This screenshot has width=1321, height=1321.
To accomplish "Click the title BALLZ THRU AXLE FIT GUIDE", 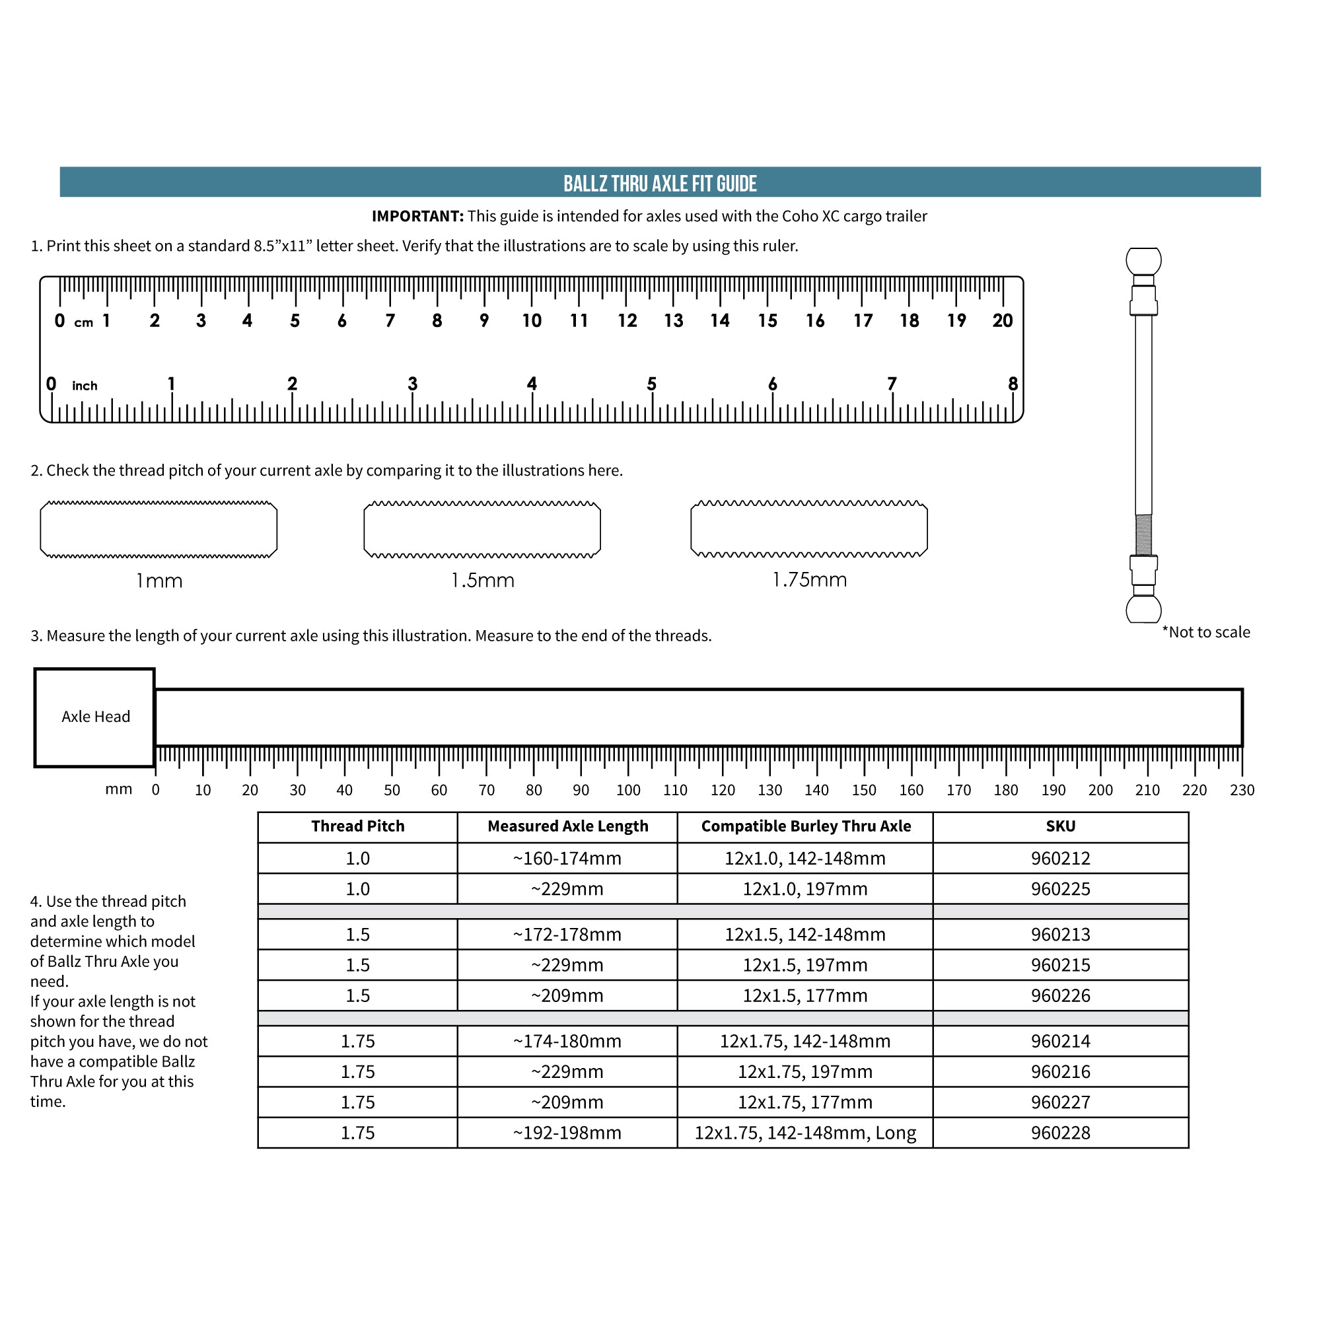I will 660,183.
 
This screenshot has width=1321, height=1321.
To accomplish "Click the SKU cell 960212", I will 1060,858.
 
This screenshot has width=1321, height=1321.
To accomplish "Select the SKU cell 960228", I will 1060,1133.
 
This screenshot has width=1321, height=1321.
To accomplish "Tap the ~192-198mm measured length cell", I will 567,1133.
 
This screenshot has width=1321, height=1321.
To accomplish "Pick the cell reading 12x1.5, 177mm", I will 804,995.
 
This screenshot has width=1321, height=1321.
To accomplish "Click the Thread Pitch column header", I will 357,826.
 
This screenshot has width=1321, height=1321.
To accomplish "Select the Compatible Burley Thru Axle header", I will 805,826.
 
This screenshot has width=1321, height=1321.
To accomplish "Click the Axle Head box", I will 95,717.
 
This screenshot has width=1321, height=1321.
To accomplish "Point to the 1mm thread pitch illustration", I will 159,529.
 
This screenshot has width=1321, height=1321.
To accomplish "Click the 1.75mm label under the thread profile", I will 809,580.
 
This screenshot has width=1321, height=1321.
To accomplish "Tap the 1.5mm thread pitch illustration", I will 482,529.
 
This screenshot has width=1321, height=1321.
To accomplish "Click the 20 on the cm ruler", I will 1003,321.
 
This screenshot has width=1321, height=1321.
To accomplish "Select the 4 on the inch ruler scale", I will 532,384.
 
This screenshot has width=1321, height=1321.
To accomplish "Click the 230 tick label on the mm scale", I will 1242,791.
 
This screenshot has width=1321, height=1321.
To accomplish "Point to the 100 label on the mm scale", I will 627,791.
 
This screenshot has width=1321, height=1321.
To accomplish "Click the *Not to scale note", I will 1206,632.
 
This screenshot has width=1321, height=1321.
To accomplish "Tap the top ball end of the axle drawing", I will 1143,260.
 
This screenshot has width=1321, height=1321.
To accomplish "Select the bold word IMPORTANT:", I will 417,216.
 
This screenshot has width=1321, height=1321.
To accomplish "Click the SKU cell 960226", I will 1060,995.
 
